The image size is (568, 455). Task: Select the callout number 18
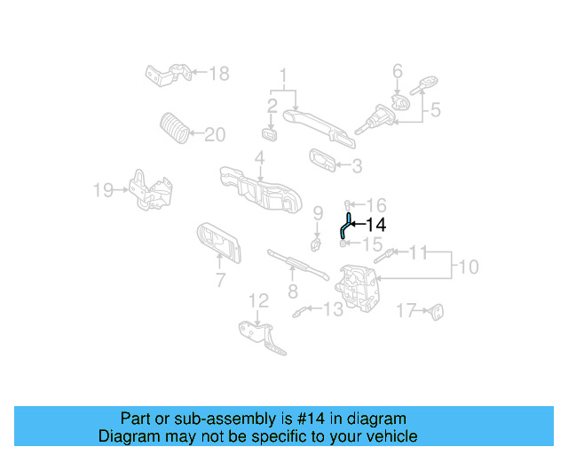[x=218, y=73]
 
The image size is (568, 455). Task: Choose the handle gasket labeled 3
[x=321, y=161]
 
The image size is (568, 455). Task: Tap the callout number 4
[x=259, y=158]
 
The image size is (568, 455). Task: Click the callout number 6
[x=398, y=70]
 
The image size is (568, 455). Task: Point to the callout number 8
[x=292, y=291]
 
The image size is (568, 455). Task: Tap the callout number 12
[x=257, y=300]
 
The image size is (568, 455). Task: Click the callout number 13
[x=332, y=309]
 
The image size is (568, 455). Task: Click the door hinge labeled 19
[x=146, y=190]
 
